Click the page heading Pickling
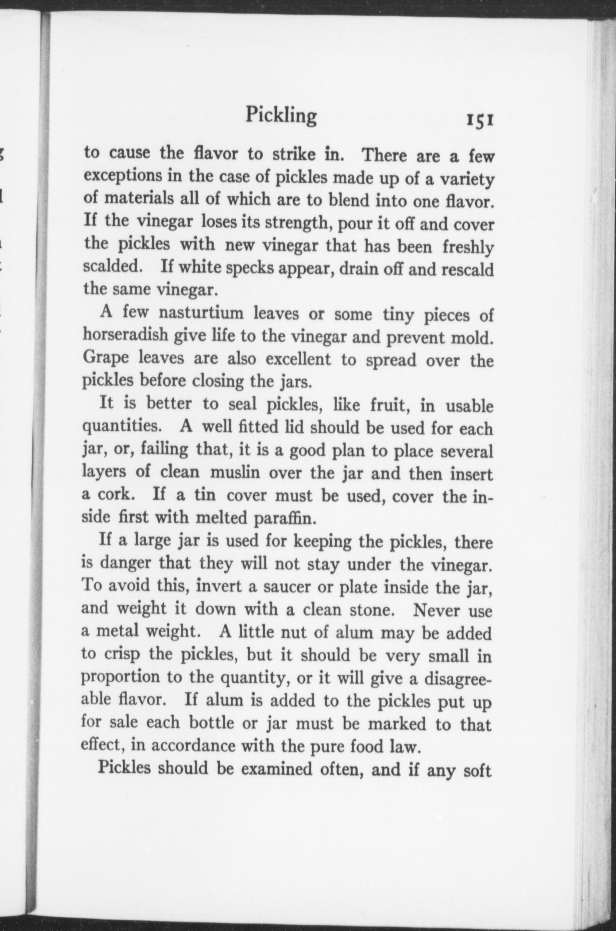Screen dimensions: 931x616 point(282,115)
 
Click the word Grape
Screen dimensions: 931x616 point(106,359)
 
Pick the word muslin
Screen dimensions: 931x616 point(235,472)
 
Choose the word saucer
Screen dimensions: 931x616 point(281,587)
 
